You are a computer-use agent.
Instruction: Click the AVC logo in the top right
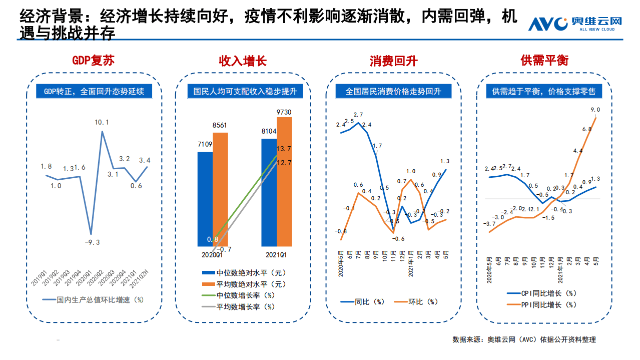point(575,24)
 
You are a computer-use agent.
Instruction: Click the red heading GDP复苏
point(93,61)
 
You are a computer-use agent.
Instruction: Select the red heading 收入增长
point(243,61)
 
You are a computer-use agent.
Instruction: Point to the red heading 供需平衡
point(544,61)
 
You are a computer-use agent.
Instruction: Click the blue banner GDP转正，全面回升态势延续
point(94,91)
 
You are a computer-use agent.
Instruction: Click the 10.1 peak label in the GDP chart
point(101,122)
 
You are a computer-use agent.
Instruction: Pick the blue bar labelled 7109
point(205,199)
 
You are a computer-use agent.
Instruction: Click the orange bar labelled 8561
point(220,189)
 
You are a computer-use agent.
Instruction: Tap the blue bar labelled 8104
point(269,192)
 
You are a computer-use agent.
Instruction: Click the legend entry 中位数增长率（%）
point(238,295)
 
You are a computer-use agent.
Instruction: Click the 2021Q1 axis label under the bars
point(276,255)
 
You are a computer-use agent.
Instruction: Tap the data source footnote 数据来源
point(524,339)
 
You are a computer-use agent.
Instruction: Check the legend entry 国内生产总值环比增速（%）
point(93,300)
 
